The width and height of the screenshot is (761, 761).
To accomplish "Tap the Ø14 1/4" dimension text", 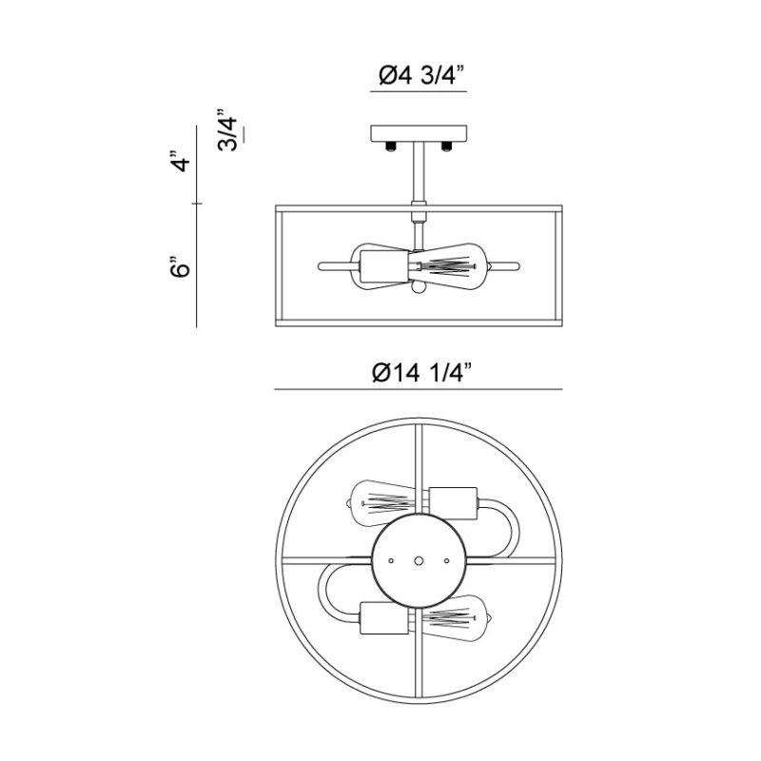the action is [419, 373].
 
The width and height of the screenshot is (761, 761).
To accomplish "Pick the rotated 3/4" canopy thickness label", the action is [227, 129].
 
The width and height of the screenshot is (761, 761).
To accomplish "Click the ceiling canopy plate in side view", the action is [419, 133].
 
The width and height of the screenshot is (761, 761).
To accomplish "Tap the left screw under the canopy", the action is [391, 146].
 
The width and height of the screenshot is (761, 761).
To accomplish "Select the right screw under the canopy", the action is [446, 146].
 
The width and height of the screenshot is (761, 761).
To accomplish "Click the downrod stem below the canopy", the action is [419, 171].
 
